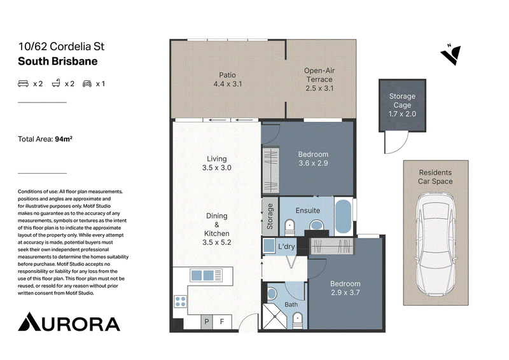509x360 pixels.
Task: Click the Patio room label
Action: click(228, 80)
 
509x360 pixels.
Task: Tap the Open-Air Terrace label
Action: click(319, 80)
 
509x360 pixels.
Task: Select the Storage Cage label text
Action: click(402, 105)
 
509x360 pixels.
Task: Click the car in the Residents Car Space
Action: click(436, 244)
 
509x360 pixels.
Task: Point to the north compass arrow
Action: click(451, 54)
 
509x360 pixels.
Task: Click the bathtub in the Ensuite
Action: click(344, 216)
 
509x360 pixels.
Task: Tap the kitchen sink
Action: click(202, 275)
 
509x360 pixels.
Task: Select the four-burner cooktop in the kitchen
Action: click(181, 301)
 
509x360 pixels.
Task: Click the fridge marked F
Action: click(222, 322)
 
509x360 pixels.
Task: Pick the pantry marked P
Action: click(206, 322)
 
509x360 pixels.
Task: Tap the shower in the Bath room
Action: click(275, 316)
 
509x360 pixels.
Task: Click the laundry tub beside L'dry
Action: click(268, 246)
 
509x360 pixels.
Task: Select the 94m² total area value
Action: click(64, 139)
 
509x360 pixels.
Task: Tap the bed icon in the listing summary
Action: click(23, 84)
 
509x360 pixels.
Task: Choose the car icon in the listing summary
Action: click(87, 84)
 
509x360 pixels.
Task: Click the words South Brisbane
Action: click(58, 61)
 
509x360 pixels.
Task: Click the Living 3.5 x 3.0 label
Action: click(217, 163)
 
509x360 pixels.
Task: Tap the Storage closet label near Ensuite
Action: click(270, 216)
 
